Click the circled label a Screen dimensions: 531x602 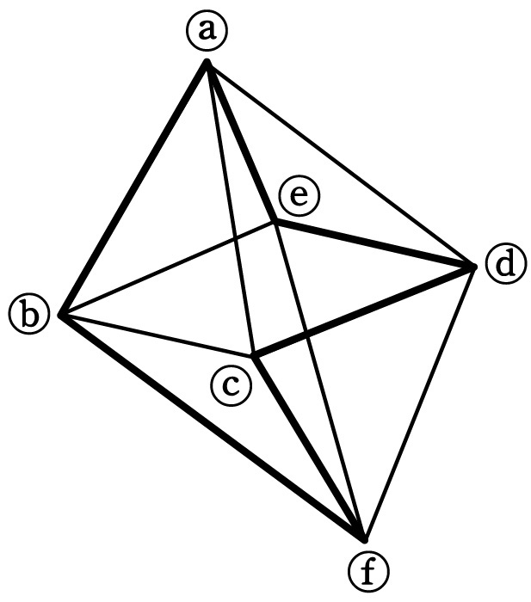[x=207, y=32]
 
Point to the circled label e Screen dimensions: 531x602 [x=299, y=196]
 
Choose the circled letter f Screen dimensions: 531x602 [x=369, y=571]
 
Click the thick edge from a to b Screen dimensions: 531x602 [x=133, y=188]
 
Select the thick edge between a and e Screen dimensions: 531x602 [x=241, y=141]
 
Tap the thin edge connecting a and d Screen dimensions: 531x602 [x=341, y=164]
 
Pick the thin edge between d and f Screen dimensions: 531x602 [x=420, y=403]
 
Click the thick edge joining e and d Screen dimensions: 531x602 [x=375, y=243]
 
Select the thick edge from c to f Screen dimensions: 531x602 [x=309, y=448]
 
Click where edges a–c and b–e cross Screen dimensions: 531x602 [x=235, y=239]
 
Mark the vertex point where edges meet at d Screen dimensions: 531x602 [x=474, y=267]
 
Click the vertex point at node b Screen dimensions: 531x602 [x=60, y=315]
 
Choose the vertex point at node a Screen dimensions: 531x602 [x=207, y=61]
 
